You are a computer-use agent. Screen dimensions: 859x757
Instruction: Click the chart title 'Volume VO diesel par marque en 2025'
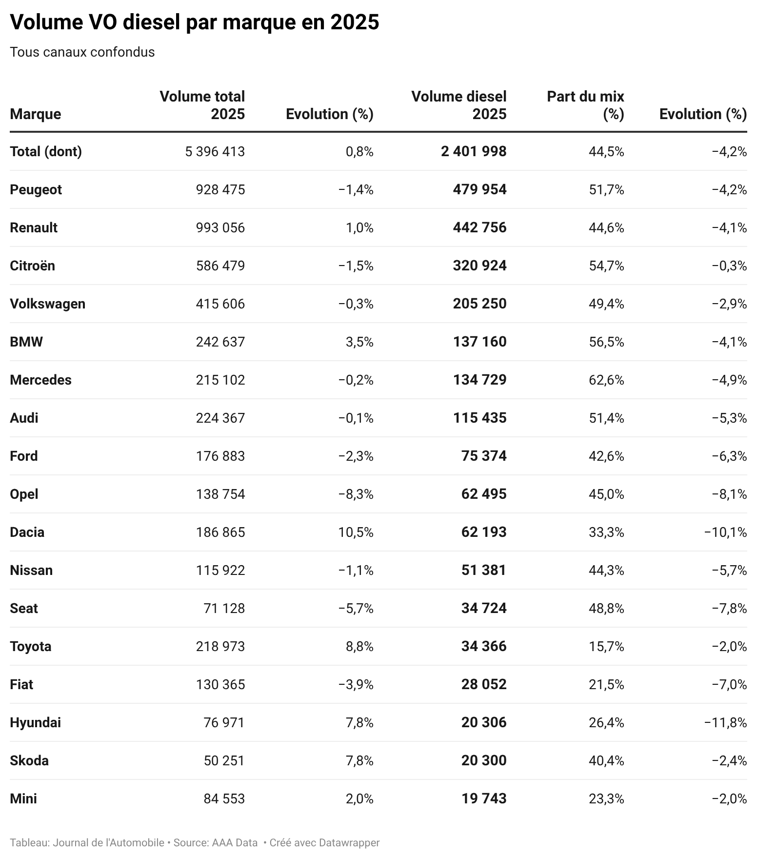click(194, 22)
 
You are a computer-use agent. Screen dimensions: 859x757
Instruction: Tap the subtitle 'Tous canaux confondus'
click(82, 52)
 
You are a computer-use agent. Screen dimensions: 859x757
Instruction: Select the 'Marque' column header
click(35, 114)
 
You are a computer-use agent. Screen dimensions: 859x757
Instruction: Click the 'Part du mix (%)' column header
click(585, 105)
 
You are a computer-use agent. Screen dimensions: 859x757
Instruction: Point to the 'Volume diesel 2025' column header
click(458, 105)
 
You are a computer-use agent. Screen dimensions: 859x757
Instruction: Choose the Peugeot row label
click(36, 190)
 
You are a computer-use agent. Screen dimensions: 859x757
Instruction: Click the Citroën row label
click(32, 266)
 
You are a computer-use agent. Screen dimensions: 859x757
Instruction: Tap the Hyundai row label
click(35, 723)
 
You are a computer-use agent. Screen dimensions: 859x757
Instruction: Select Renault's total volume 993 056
click(220, 228)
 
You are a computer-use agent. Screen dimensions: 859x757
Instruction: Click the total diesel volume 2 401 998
click(474, 152)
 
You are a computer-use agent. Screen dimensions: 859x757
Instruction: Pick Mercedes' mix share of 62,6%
click(606, 380)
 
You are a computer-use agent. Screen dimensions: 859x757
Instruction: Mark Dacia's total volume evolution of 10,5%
click(356, 532)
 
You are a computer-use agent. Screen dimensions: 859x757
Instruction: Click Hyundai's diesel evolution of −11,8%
click(725, 723)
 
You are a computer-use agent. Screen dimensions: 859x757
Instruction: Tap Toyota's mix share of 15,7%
click(606, 647)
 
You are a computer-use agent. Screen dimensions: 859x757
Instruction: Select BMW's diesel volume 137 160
click(479, 342)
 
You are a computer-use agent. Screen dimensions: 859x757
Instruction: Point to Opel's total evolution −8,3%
click(356, 494)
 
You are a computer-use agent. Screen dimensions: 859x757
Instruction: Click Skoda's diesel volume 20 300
click(484, 761)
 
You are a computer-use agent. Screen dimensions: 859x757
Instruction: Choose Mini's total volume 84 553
click(224, 799)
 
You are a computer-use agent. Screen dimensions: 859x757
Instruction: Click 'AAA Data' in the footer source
click(235, 843)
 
